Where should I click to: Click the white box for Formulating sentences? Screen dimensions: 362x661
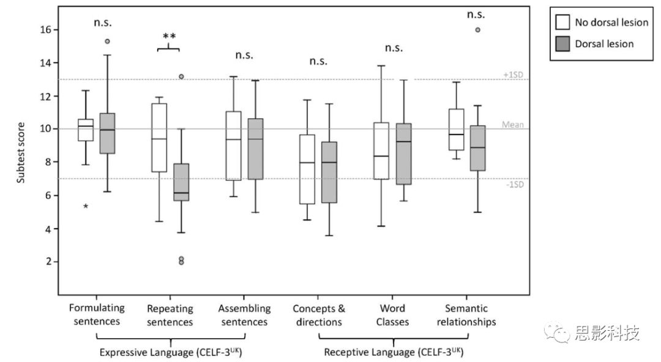(x=85, y=130)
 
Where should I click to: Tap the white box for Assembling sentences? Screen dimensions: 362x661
(x=233, y=146)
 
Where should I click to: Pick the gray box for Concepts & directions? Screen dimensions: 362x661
(x=329, y=172)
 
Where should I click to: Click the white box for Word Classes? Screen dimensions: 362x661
(x=381, y=150)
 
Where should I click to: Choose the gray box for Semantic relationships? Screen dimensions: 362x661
(x=478, y=148)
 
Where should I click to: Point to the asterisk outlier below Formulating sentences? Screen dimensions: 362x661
(x=86, y=207)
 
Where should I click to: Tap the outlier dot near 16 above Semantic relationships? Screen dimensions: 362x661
(x=477, y=29)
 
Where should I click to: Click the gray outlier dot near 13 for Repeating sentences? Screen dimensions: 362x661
(x=181, y=76)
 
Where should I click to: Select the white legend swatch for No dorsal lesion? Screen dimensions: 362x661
(x=562, y=23)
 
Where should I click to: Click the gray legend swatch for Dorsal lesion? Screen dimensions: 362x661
(x=562, y=43)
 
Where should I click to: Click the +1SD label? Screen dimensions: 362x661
(x=512, y=74)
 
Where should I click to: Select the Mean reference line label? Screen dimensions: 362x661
(x=512, y=125)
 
